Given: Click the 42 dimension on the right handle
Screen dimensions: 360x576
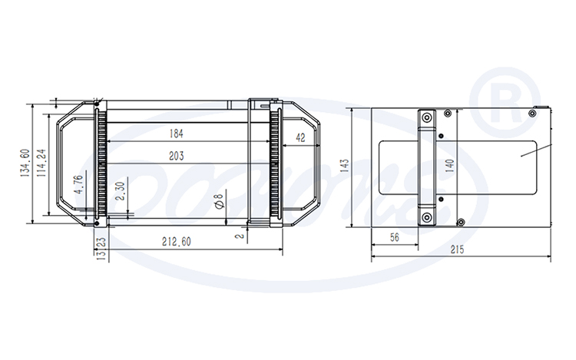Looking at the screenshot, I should [x=300, y=138].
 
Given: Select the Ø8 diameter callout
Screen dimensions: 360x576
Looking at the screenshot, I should [x=219, y=201].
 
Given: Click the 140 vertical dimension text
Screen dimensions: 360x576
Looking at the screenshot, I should [x=450, y=167].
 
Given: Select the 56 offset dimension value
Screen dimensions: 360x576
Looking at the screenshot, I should [x=394, y=238].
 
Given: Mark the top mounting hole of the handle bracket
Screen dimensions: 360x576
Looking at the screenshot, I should [x=425, y=118].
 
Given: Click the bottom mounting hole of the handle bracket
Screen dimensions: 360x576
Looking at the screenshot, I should [x=425, y=217].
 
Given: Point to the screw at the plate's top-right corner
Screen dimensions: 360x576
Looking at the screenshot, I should [x=531, y=113].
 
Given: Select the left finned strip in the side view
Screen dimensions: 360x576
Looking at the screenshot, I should [x=99, y=165].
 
